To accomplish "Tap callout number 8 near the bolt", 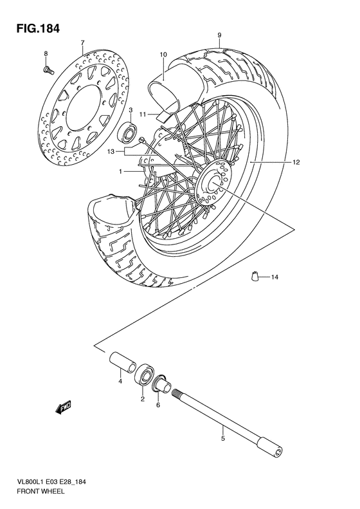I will click(46, 52).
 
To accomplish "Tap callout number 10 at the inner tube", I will click(163, 55).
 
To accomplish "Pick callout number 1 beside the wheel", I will click(120, 172).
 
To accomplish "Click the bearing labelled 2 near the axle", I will click(144, 376).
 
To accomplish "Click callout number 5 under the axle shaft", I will click(222, 440).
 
